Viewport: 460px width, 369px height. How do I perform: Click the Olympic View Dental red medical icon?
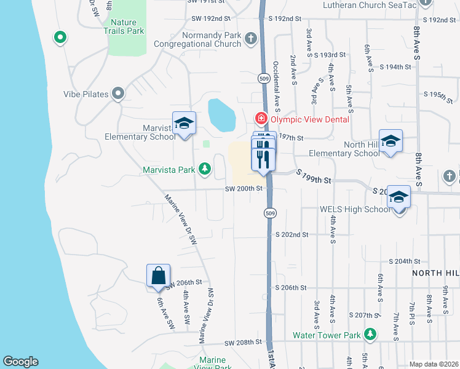tap(261, 118)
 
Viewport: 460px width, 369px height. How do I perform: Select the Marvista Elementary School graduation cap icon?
tap(183, 124)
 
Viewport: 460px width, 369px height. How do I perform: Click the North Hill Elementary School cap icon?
tap(391, 141)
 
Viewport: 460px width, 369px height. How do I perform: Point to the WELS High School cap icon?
tap(399, 197)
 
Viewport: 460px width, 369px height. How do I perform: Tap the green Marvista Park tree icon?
tap(205, 169)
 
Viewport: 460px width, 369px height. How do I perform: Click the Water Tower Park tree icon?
tap(370, 335)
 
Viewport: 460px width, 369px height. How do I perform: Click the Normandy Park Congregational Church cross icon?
tap(250, 39)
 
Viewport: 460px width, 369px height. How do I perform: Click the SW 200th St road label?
tap(244, 189)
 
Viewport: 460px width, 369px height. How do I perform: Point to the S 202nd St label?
tap(291, 234)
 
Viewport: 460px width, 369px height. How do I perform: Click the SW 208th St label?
tap(244, 343)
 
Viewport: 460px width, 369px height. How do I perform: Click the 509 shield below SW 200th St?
tap(269, 213)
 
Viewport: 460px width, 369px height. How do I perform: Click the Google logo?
tap(20, 362)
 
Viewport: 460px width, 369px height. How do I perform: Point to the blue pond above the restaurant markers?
tap(221, 114)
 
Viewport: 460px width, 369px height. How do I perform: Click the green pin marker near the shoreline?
tap(60, 38)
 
